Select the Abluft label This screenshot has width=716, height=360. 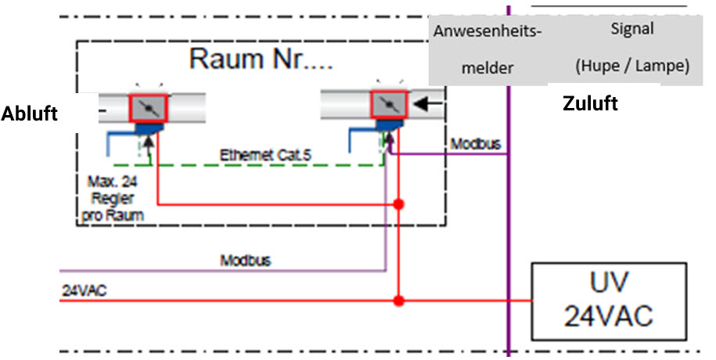(x=30, y=113)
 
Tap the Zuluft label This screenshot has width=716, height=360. (x=590, y=103)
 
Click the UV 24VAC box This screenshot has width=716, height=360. (x=609, y=302)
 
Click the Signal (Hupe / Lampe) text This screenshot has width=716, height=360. (x=631, y=48)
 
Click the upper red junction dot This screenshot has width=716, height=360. (x=399, y=204)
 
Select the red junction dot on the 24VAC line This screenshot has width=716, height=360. (x=399, y=300)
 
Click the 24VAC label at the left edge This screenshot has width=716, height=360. (x=84, y=290)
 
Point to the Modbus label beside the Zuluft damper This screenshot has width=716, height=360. (x=475, y=145)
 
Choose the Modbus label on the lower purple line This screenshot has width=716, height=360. (x=245, y=260)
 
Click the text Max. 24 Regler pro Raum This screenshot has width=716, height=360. (x=109, y=197)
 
